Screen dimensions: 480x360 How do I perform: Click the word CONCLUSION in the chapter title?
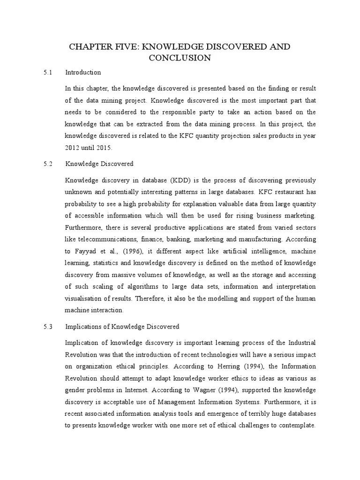(x=180, y=58)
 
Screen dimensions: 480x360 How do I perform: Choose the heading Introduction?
(x=83, y=73)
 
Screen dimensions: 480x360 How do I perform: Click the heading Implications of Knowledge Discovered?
(x=122, y=327)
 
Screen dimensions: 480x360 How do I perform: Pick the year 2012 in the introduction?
(x=73, y=148)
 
